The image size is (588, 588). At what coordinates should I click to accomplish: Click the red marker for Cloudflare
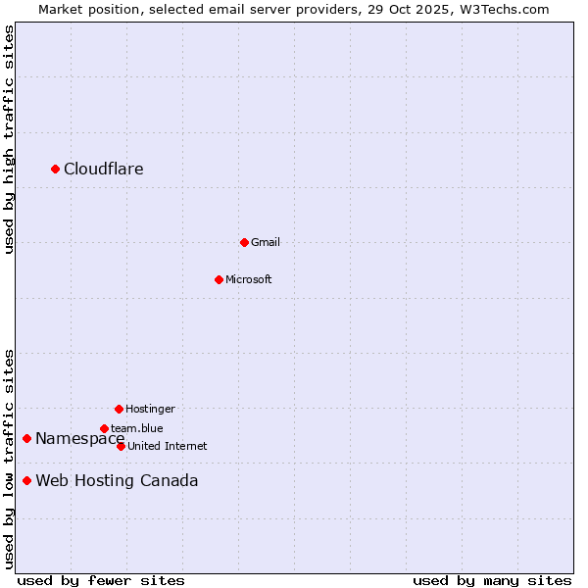55,170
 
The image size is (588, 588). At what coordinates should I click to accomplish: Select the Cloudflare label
104,170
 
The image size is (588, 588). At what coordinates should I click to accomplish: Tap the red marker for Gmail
244,242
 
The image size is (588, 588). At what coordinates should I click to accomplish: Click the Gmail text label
266,242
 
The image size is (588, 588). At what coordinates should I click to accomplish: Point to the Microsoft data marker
219,279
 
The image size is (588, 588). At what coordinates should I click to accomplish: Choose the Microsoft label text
249,279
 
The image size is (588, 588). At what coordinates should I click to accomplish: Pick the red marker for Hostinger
119,409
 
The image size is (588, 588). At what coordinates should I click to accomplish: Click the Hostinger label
150,409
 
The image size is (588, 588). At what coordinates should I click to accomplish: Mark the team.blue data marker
104,428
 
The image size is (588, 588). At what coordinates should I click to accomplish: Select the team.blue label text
137,428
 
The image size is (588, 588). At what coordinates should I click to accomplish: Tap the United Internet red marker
121,446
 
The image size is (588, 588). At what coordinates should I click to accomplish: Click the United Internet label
168,446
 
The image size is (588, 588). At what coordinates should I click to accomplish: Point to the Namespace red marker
26,438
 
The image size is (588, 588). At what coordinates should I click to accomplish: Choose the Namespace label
78,439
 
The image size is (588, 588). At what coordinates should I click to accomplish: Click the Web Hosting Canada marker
26,480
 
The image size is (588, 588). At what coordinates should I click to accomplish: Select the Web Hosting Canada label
117,481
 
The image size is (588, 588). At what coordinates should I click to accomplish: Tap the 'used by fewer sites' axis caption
101,580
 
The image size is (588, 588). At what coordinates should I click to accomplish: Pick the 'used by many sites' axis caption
492,580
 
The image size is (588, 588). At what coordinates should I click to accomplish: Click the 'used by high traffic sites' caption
9,139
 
